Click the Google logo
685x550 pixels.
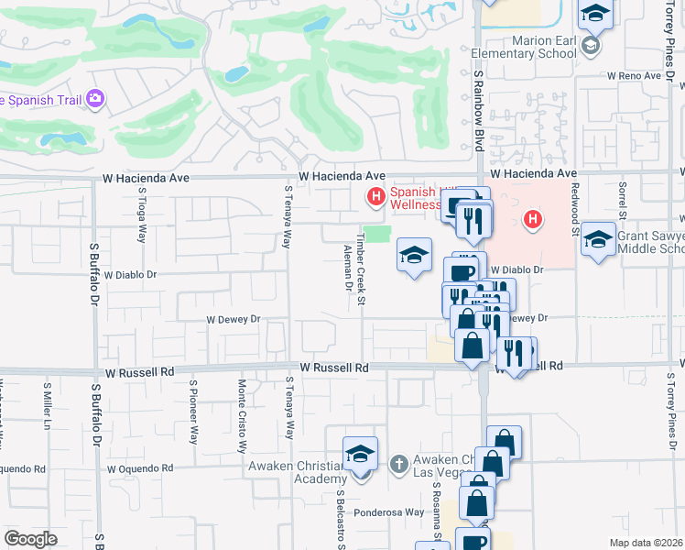(x=31, y=539)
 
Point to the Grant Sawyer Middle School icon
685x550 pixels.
(x=597, y=240)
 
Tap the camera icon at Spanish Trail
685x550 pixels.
(x=95, y=99)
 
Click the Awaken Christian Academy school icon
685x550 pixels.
(x=360, y=456)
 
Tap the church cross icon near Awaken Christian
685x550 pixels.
(x=398, y=464)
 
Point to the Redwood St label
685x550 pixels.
(x=576, y=216)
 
